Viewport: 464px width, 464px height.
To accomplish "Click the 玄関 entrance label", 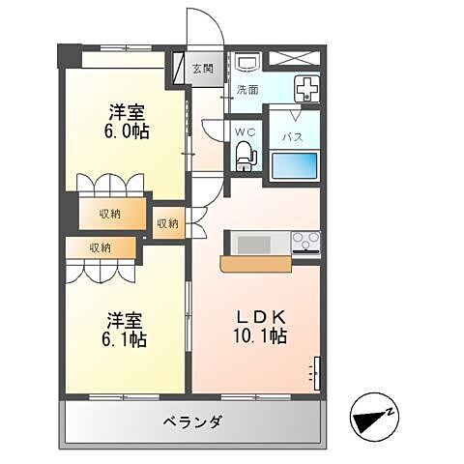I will click(202, 69).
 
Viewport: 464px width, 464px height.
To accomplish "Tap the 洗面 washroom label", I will click(248, 89).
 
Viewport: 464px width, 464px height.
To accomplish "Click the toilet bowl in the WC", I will click(244, 154).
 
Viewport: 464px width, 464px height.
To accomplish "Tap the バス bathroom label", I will click(293, 136).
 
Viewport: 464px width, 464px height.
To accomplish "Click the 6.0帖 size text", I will click(127, 130).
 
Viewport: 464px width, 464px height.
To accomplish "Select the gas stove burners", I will click(305, 241).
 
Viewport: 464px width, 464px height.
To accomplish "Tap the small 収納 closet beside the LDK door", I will click(167, 223).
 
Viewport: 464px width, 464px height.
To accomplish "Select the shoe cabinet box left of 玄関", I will click(181, 69).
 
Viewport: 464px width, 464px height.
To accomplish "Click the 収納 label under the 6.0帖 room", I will click(107, 214).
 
